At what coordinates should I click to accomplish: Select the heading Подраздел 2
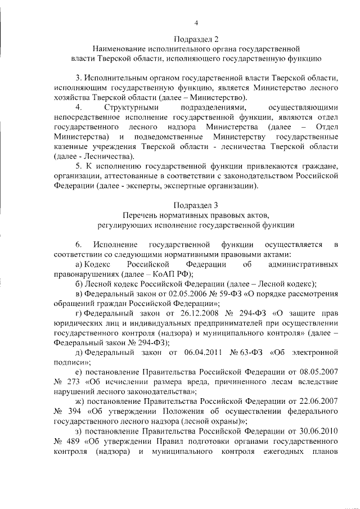point(196,39)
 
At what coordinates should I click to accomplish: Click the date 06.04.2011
point(203,352)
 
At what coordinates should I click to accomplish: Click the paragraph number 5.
point(78,165)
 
